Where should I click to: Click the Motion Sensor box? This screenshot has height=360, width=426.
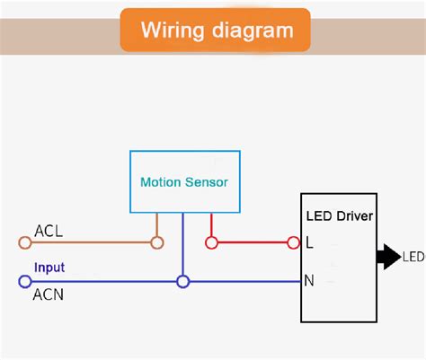(183, 181)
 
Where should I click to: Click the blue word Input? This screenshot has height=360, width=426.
(49, 268)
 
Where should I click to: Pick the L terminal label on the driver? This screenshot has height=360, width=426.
(309, 242)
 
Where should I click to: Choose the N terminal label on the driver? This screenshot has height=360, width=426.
(309, 280)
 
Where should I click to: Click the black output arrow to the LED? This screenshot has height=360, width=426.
(387, 257)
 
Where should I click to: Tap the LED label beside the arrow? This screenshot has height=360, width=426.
(413, 258)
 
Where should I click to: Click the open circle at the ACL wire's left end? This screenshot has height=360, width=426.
(24, 242)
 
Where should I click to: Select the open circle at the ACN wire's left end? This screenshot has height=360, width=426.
(24, 282)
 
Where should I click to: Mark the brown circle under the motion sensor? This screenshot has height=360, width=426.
(156, 242)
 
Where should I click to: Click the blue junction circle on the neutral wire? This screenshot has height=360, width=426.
(183, 282)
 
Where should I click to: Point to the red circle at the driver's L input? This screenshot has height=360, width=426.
(293, 242)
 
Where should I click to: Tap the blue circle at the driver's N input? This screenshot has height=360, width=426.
(293, 282)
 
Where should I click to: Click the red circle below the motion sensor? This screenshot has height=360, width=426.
(211, 242)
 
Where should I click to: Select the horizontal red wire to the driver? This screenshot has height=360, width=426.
(252, 242)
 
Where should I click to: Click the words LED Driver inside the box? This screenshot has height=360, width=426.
(340, 216)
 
